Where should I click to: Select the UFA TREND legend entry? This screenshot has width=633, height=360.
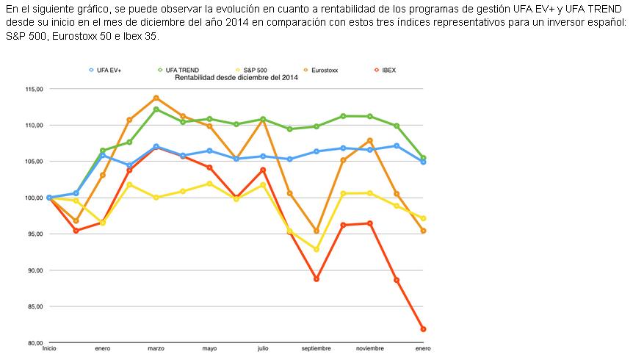pos(178,70)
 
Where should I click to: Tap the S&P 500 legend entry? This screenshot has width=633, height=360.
pos(255,70)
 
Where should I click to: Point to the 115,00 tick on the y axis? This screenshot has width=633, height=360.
pos(35,89)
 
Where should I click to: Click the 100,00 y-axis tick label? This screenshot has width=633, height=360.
pos(35,198)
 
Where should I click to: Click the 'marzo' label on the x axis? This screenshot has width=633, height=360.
pos(156,348)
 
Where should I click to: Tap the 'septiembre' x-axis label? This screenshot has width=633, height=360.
pos(316,348)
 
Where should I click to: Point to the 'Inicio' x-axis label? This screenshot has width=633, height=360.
pos(49,348)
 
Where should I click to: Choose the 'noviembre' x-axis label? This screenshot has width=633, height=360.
pos(369,348)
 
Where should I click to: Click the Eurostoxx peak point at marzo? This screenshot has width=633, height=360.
pos(156,98)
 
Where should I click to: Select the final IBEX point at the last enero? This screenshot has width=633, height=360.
pos(424,329)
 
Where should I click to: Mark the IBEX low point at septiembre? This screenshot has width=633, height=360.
pos(316,279)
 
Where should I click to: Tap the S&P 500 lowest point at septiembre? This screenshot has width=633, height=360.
pos(316,250)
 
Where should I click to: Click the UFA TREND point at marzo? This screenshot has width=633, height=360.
pos(156,109)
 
